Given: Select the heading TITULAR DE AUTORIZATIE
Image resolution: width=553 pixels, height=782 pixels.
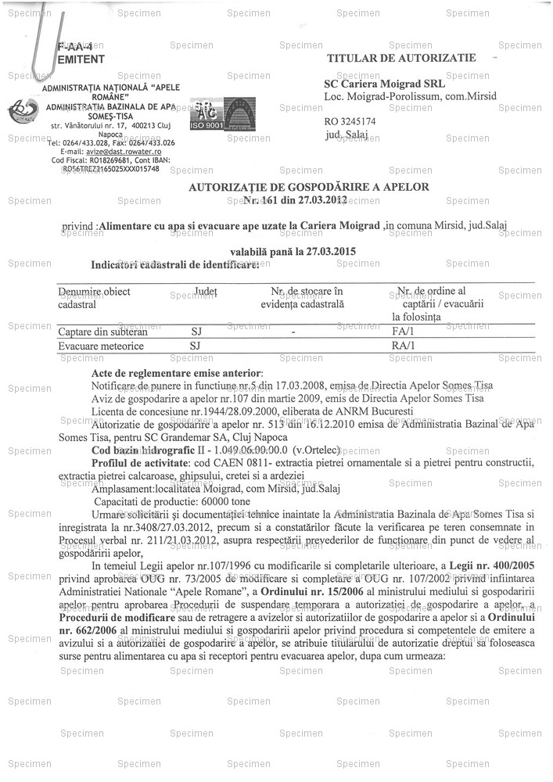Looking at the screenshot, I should (401, 59).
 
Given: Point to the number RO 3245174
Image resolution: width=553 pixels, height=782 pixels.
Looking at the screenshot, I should (350, 122).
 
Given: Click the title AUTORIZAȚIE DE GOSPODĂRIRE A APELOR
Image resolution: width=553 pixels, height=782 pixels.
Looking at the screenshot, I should (309, 188).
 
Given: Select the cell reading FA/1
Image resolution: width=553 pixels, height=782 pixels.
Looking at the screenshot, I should (403, 332).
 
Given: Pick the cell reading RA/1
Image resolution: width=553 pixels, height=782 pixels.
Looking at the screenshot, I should (403, 345).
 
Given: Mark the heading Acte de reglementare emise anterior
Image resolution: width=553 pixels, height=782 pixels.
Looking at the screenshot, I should (178, 375).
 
